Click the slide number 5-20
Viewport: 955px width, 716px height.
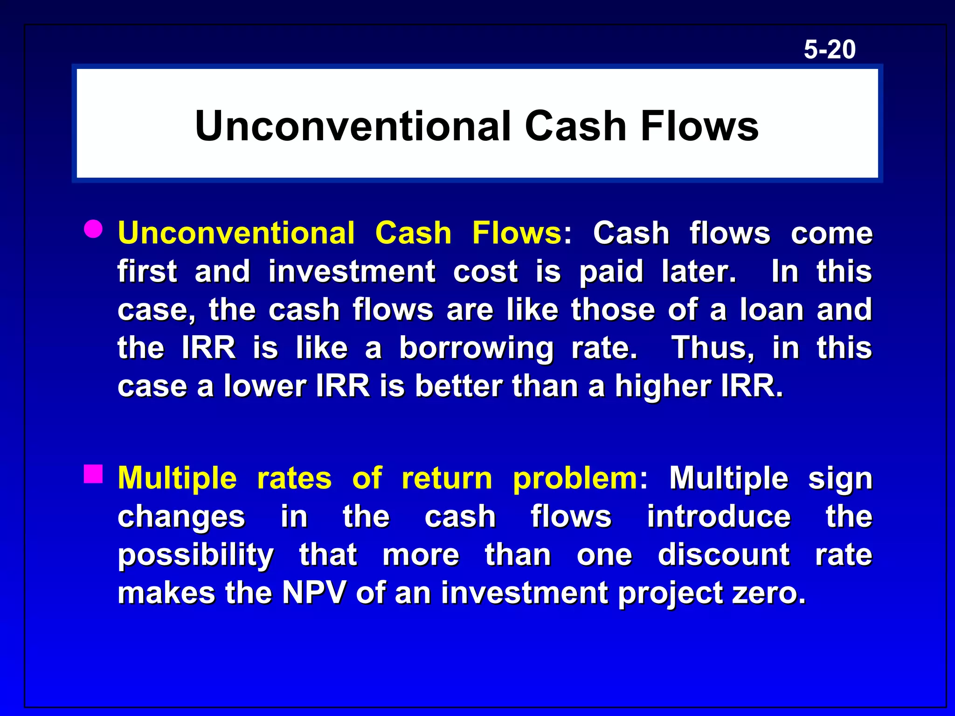[830, 49]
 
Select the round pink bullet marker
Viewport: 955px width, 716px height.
[93, 229]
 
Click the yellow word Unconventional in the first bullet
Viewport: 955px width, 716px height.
[236, 233]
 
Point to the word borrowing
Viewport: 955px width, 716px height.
[476, 348]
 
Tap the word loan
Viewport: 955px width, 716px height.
[771, 310]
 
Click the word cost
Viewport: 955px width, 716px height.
[485, 271]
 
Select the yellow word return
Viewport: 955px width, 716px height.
[446, 478]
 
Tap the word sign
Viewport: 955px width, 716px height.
[840, 479]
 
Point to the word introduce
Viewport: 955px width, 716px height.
[719, 516]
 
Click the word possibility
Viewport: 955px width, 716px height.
[196, 556]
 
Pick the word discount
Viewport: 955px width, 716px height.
[724, 555]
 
